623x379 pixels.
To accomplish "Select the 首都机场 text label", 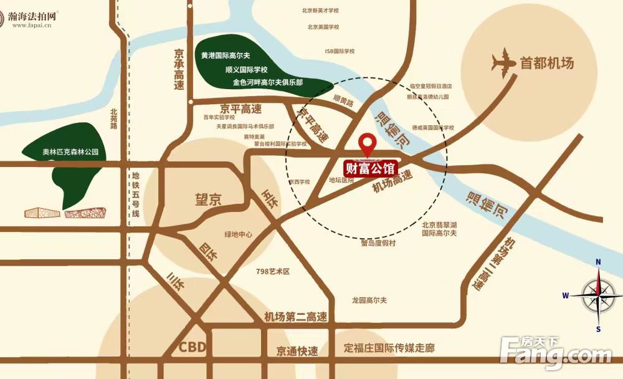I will [546, 63].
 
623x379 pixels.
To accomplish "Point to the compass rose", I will [597, 295].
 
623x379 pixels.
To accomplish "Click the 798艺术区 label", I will [273, 272].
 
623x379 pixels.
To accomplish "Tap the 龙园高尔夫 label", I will [369, 300].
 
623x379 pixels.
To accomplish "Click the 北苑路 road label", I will [113, 118].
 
